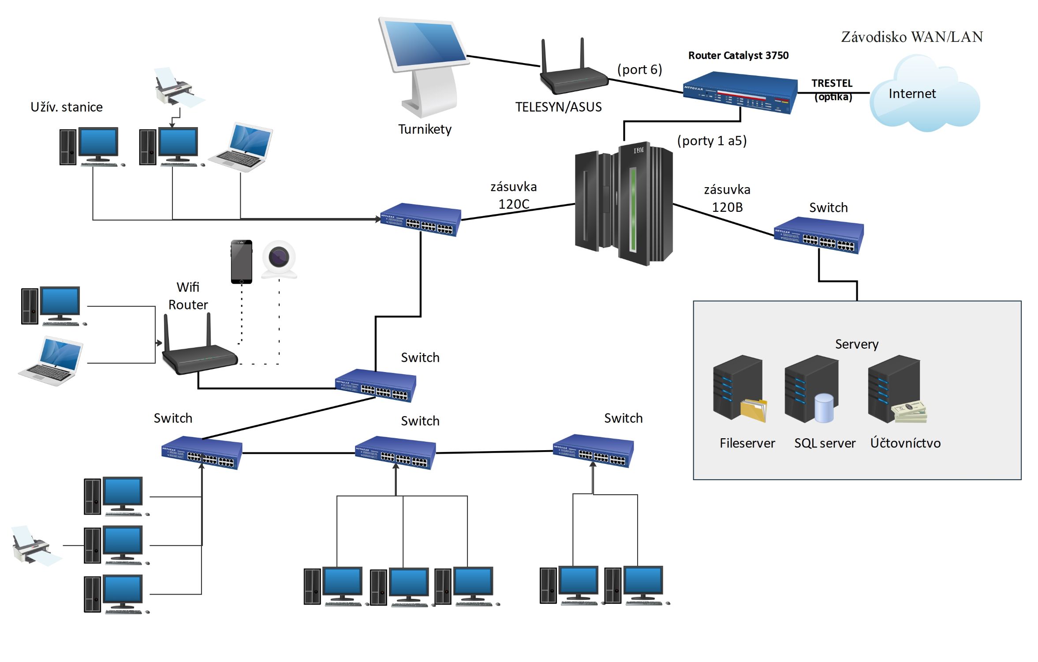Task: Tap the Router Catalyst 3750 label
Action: coord(738,56)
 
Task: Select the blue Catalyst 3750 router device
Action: coord(739,93)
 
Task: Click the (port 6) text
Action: coord(639,70)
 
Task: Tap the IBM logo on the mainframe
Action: coord(638,150)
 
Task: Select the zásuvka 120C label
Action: coord(513,196)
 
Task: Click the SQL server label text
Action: coord(824,443)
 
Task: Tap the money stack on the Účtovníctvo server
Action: coord(909,412)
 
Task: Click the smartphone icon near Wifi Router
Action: coord(242,262)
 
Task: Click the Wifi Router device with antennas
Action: coord(198,353)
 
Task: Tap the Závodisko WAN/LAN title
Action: coord(911,37)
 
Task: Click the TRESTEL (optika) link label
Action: coord(832,90)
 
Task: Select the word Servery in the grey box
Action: coord(856,344)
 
